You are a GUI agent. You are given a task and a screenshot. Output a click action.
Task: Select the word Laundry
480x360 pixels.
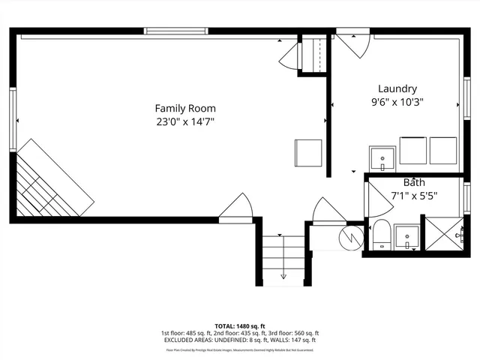point(397,88)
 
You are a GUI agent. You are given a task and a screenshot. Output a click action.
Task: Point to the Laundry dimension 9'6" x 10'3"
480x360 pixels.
point(397,102)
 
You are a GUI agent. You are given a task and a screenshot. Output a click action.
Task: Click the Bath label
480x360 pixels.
point(414,182)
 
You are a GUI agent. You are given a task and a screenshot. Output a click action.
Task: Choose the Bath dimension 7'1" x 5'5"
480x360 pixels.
point(414,196)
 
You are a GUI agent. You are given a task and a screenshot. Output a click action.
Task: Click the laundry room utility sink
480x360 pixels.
point(383,158)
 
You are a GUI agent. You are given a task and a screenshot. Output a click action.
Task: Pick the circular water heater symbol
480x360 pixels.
point(351,238)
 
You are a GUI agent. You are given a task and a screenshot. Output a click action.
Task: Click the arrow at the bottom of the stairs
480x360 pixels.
point(283,276)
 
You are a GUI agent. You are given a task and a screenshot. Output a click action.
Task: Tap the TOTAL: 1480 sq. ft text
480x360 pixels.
point(240,326)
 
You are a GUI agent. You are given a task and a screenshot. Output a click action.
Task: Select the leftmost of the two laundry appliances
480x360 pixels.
point(412,150)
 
